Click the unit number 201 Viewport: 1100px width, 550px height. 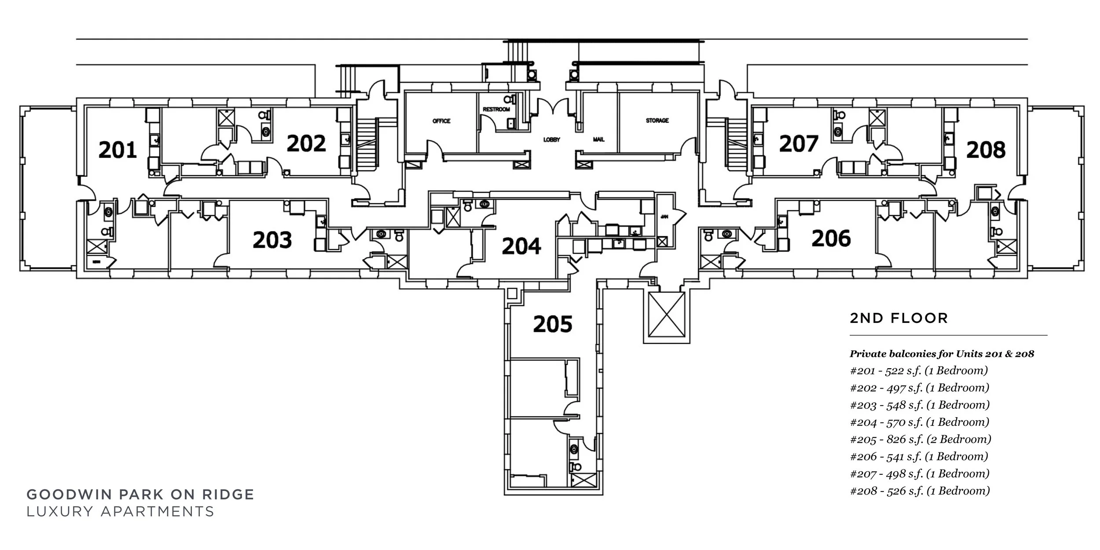[x=117, y=150]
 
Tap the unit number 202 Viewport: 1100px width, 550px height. [x=306, y=143]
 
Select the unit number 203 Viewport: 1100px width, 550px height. [x=272, y=240]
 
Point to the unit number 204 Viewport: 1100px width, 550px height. [x=521, y=246]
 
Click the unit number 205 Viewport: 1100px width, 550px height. [x=553, y=324]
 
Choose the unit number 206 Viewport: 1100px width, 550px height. [x=831, y=238]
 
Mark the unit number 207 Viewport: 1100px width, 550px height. [x=799, y=144]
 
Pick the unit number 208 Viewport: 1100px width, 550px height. [x=986, y=150]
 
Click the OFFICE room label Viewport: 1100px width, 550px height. [x=441, y=121]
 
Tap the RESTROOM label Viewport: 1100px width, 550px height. [x=496, y=109]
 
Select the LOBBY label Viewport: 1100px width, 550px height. [x=552, y=140]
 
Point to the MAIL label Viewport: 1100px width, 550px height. [x=599, y=139]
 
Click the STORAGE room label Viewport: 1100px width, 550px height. [x=657, y=121]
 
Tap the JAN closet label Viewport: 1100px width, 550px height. [x=664, y=217]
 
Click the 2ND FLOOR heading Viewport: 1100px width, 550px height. [x=898, y=318]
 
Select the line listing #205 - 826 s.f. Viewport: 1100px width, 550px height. [x=920, y=439]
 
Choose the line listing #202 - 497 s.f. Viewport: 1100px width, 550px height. [x=920, y=388]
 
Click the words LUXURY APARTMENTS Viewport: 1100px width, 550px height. [x=120, y=512]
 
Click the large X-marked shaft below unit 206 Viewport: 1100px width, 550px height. [x=667, y=315]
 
